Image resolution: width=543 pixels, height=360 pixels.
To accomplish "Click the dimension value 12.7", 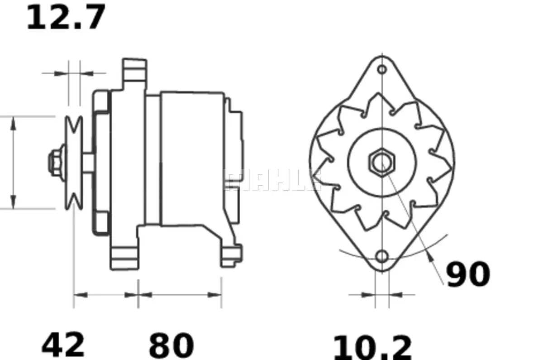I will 66,17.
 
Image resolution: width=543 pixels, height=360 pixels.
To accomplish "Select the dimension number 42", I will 63,345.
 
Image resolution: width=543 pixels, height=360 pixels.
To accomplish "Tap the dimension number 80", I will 171,345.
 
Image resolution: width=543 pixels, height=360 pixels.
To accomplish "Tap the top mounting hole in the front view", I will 382,69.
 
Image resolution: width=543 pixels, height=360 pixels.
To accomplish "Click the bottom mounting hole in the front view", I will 382,257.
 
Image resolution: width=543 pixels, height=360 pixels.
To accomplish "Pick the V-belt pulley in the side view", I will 74,163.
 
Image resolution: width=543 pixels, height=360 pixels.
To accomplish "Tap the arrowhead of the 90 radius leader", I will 430,257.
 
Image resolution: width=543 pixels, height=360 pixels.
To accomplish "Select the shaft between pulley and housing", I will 88,163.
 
